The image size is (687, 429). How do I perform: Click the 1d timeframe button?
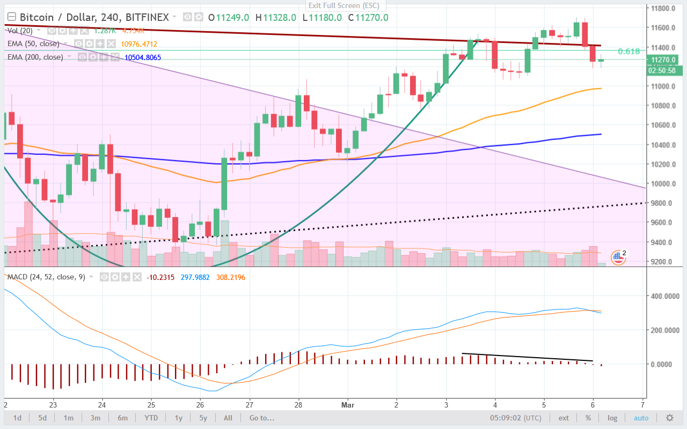pos(17,418)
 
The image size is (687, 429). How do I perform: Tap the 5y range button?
pos(203,418)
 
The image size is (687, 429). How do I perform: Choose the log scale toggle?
pos(612,418)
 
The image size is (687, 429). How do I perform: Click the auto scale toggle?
pos(641,418)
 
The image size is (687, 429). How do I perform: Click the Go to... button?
pos(261,418)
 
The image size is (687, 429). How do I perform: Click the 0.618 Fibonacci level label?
pos(628,51)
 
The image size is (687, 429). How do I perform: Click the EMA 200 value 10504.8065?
pos(142,57)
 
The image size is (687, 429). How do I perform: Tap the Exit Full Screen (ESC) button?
pos(343,5)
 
